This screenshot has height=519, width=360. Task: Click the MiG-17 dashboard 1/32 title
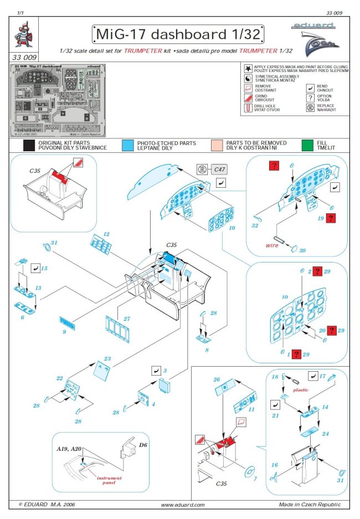(x=176, y=34)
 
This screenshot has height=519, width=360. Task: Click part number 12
(x=106, y=234)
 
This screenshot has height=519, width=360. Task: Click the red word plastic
(x=301, y=389)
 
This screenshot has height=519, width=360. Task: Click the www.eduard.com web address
(x=182, y=504)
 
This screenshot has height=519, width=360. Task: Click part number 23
(x=107, y=358)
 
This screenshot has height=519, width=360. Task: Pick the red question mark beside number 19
(x=331, y=218)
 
